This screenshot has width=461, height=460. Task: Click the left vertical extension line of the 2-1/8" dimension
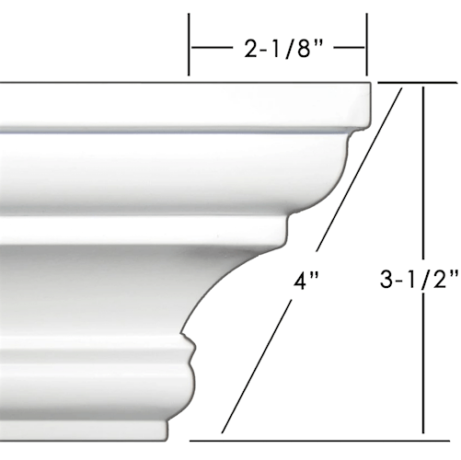coord(189,46)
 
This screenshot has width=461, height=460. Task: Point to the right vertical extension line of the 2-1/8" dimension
coord(367,46)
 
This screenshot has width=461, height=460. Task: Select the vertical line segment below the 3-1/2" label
coord(421,368)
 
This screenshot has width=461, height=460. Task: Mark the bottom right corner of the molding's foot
coord(167,436)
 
